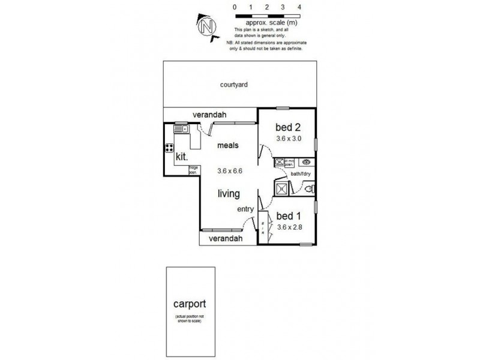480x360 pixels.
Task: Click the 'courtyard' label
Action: tap(234, 85)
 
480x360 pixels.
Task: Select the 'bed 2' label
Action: tap(287, 127)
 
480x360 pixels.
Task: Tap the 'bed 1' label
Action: tap(288, 216)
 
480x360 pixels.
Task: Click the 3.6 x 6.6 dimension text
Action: tap(229, 171)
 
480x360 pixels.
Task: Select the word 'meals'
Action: tap(229, 146)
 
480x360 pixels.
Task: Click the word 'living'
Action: tap(229, 194)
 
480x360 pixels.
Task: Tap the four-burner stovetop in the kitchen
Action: tap(170, 150)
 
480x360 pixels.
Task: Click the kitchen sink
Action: tap(180, 128)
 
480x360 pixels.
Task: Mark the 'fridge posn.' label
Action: tap(193, 169)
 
